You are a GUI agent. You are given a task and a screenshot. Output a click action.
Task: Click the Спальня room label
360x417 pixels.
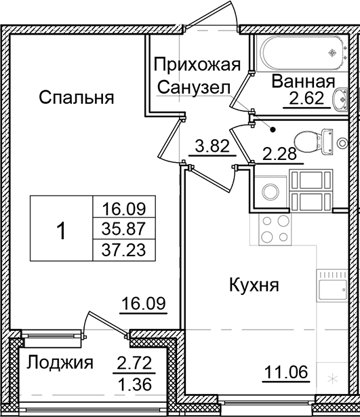75,97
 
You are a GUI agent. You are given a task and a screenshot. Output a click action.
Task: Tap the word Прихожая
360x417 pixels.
196,65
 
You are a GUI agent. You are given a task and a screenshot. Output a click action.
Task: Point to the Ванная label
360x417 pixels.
303,82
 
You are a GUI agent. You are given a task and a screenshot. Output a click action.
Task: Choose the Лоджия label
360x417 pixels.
60,363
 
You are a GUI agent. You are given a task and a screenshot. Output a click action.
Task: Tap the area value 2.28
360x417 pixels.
278,153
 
